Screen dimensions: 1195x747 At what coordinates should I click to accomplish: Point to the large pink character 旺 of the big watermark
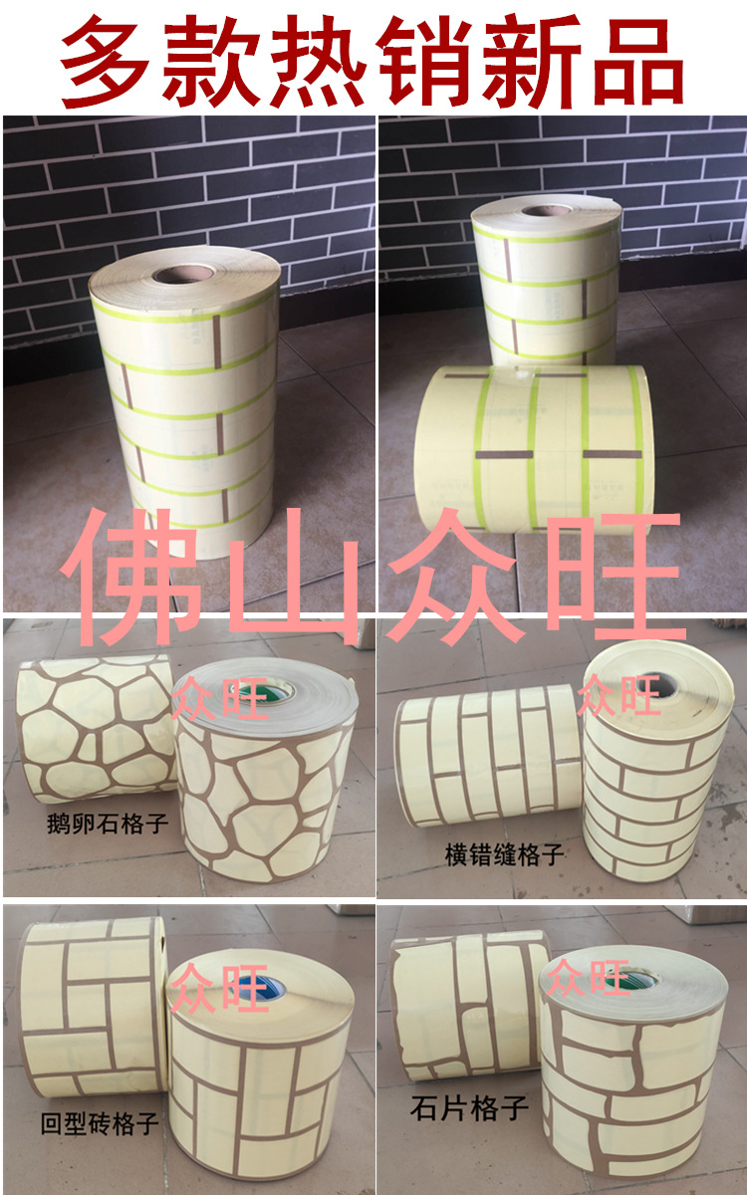click(x=616, y=576)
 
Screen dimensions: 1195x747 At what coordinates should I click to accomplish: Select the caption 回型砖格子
click(x=100, y=1124)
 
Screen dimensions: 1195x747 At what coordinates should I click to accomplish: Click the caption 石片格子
click(x=469, y=1106)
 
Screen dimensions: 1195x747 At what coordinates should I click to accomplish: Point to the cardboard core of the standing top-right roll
click(x=547, y=210)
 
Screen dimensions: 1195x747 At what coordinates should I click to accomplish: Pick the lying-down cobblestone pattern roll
click(x=95, y=727)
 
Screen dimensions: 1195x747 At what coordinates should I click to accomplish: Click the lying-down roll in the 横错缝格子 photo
click(x=483, y=757)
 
